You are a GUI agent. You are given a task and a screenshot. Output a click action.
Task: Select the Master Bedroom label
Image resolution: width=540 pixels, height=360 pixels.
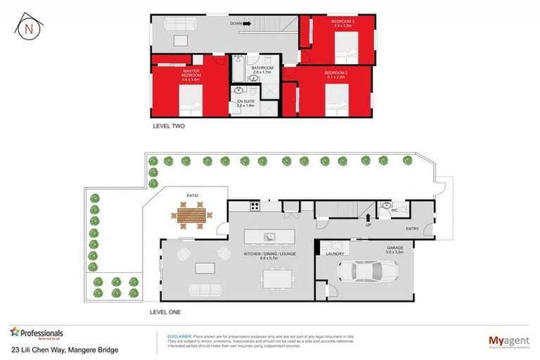pos(191,75)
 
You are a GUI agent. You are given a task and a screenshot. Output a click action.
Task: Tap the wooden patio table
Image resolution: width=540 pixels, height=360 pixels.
pos(191,216)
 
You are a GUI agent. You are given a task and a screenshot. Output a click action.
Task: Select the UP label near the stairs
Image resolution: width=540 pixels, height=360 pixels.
pos(368,226)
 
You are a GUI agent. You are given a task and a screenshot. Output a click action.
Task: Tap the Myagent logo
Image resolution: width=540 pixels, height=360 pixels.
pos(510,341)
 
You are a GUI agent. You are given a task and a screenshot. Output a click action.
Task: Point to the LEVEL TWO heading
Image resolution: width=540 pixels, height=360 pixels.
pos(168,127)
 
